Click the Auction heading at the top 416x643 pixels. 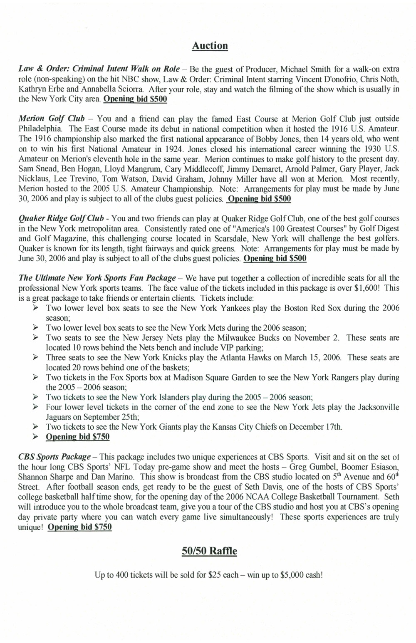(210, 46)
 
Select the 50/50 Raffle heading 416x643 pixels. (209, 551)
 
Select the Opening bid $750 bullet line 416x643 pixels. (77, 437)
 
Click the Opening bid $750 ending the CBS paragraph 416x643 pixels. (79, 527)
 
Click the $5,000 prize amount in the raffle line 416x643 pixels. (294, 576)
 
